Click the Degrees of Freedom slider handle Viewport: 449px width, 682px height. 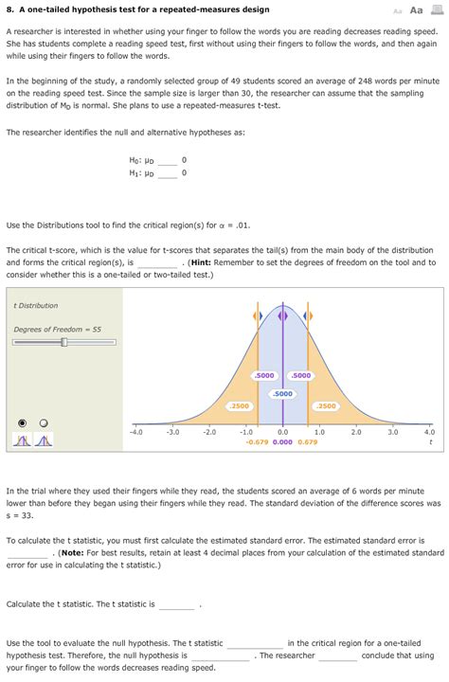pyautogui.click(x=63, y=342)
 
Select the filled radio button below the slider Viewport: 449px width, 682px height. pyautogui.click(x=23, y=422)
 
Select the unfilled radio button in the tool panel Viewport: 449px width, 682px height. pyautogui.click(x=43, y=422)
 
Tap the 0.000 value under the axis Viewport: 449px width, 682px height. pyautogui.click(x=282, y=442)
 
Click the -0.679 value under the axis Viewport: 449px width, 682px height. pyautogui.click(x=256, y=442)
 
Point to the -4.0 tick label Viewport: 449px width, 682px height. pyautogui.click(x=135, y=432)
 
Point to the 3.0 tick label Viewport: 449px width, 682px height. pyautogui.click(x=393, y=432)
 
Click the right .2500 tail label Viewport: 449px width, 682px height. pyautogui.click(x=325, y=406)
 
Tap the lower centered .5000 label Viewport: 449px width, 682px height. pyautogui.click(x=282, y=393)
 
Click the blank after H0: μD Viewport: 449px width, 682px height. pyautogui.click(x=168, y=161)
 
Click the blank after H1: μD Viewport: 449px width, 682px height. pyautogui.click(x=168, y=173)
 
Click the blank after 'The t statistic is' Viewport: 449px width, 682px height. pyautogui.click(x=177, y=604)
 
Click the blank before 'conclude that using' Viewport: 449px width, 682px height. pyautogui.click(x=338, y=655)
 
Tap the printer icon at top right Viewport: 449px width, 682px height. pyautogui.click(x=438, y=9)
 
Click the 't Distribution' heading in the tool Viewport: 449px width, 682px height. pyautogui.click(x=36, y=306)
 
